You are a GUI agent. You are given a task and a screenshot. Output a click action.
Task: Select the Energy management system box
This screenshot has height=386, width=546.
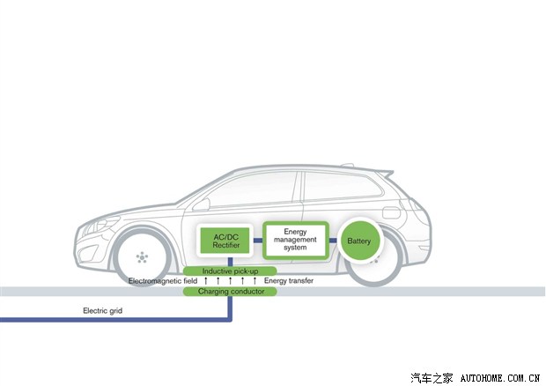(x=295, y=241)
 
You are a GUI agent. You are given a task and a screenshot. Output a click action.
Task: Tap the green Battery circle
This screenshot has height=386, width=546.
(x=359, y=241)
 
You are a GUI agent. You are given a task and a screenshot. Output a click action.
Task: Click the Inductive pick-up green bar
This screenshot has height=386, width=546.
(x=230, y=270)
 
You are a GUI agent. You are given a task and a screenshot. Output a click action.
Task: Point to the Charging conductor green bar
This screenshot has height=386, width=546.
(x=230, y=291)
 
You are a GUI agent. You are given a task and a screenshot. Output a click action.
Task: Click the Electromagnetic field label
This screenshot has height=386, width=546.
(x=162, y=280)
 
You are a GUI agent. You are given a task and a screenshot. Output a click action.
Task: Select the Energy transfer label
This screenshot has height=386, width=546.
(x=289, y=280)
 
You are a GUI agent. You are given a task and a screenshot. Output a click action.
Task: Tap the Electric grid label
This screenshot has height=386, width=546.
(x=101, y=310)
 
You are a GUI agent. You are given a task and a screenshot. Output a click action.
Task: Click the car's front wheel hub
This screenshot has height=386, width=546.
(x=140, y=256)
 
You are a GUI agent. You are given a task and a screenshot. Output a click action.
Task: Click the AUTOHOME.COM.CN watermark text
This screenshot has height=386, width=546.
(x=503, y=377)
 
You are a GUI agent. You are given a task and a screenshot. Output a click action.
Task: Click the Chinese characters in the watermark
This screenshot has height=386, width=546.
(x=434, y=377)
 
